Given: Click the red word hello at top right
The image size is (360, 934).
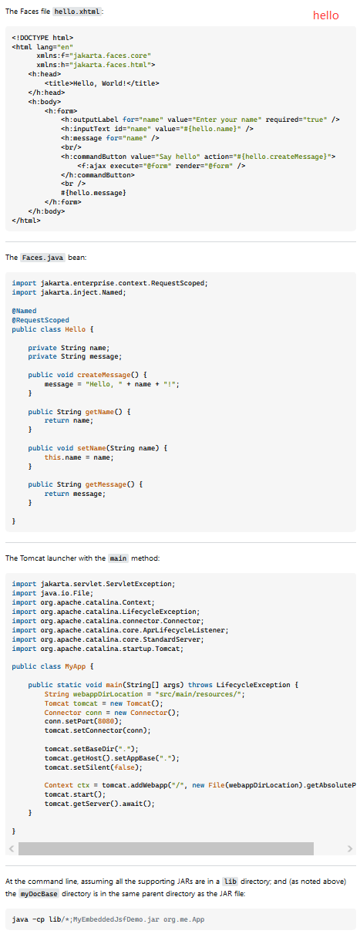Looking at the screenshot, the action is (326, 15).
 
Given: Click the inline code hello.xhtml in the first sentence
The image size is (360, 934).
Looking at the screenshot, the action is (78, 12).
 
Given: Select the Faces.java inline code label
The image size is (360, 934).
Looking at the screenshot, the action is (42, 258).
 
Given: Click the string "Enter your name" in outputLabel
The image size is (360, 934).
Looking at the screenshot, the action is (227, 120).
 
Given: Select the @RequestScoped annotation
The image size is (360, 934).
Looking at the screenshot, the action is (40, 320).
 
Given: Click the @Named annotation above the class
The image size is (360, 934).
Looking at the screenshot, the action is (24, 311).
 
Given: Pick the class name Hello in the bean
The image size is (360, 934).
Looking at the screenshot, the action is (75, 329).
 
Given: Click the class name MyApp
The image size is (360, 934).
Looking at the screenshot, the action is (75, 666).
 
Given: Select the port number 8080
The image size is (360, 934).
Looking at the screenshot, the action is (106, 721).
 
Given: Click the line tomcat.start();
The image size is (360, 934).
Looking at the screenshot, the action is (75, 794).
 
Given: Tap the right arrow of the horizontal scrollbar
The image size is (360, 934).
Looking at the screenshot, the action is (349, 848).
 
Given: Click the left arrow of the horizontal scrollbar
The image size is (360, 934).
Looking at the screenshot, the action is (12, 848).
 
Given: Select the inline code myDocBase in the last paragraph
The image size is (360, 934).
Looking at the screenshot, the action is (39, 894).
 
